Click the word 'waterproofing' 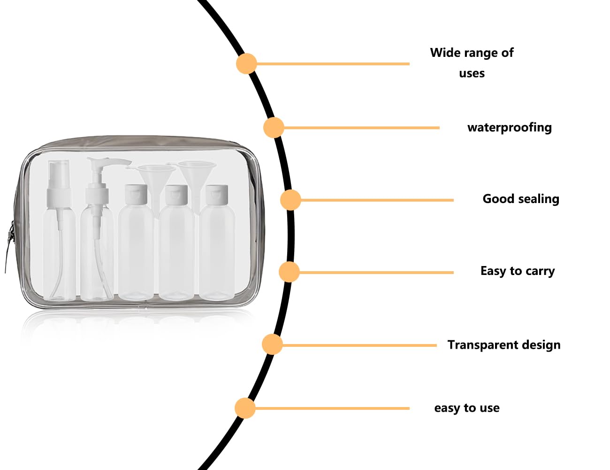pyautogui.click(x=510, y=128)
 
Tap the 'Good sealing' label pyautogui.click(x=521, y=199)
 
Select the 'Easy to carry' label pyautogui.click(x=518, y=271)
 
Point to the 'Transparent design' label pyautogui.click(x=504, y=345)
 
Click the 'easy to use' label pyautogui.click(x=467, y=408)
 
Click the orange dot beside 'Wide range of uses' pyautogui.click(x=246, y=64)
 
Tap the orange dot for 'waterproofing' pyautogui.click(x=274, y=128)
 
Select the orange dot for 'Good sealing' pyautogui.click(x=290, y=200)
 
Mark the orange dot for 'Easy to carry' pyautogui.click(x=289, y=272)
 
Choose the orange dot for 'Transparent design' pyautogui.click(x=272, y=345)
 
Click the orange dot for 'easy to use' pyautogui.click(x=245, y=408)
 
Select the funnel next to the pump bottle pyautogui.click(x=153, y=183)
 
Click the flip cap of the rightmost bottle pyautogui.click(x=216, y=194)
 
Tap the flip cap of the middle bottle pyautogui.click(x=176, y=195)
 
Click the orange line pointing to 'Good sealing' pyautogui.click(x=377, y=200)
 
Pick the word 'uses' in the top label pyautogui.click(x=472, y=74)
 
